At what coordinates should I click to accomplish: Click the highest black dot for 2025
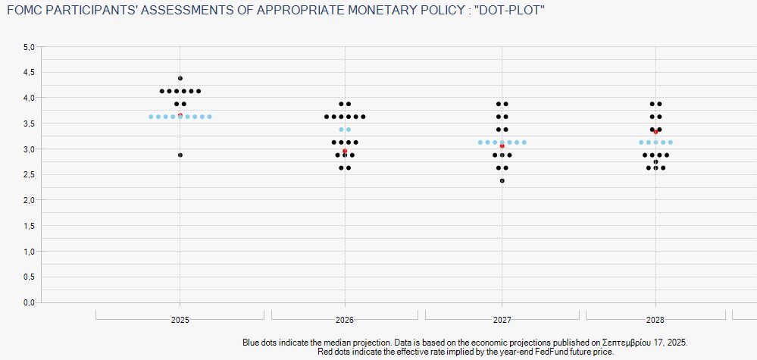(180, 78)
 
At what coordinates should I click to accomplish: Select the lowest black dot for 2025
(180, 155)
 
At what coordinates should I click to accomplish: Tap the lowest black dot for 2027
(502, 180)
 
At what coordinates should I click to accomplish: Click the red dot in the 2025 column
(180, 115)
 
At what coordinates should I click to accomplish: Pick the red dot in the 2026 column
(345, 151)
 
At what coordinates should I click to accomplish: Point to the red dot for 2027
(502, 146)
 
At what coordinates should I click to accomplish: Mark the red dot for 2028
(655, 132)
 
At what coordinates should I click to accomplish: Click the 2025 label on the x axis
(180, 320)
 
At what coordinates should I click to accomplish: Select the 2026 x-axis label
(345, 320)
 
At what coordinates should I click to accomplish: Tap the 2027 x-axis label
(502, 320)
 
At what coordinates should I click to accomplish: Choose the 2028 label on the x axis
(656, 320)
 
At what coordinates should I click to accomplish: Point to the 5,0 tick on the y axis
(29, 47)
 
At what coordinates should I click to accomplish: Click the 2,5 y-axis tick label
(29, 175)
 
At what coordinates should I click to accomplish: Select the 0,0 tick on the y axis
(29, 302)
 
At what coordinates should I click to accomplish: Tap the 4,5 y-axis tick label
(29, 73)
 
